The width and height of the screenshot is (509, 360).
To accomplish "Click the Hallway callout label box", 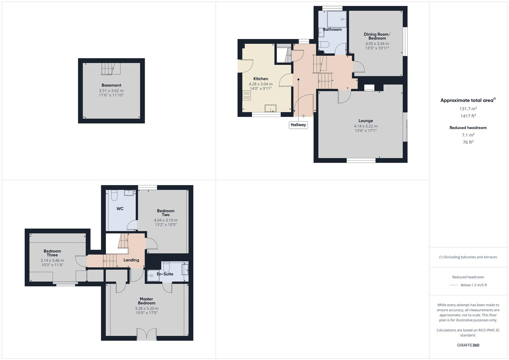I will click(x=298, y=125).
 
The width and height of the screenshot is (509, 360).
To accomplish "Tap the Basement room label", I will click(x=111, y=85).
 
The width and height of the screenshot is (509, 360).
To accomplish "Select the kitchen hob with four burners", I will click(x=247, y=95).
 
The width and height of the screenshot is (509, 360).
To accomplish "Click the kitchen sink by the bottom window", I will click(x=270, y=108).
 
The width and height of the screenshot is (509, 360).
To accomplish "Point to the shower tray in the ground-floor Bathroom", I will click(x=337, y=19).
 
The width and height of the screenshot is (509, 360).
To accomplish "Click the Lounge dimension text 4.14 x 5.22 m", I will click(x=366, y=126).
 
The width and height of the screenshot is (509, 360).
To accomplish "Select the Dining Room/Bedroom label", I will click(x=377, y=36).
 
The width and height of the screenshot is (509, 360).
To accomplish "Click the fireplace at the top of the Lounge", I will click(x=369, y=88).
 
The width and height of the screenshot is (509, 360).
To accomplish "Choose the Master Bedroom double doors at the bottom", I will click(x=147, y=334).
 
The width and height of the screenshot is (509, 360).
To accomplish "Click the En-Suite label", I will click(x=165, y=274).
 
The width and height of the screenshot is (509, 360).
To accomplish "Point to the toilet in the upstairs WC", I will click(x=114, y=195).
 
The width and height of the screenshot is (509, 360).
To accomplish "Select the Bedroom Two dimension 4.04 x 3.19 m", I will click(x=166, y=220).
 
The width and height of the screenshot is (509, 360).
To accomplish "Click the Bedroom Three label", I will click(x=52, y=253).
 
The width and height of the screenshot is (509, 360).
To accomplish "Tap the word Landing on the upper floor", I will click(x=131, y=260).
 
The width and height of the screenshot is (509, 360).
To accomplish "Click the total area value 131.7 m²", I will click(x=468, y=109).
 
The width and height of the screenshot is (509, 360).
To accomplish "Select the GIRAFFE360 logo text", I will click(x=468, y=345).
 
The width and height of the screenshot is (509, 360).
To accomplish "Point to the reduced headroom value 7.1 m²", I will click(x=468, y=135).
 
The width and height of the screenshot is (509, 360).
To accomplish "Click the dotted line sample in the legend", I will click(x=454, y=285).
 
